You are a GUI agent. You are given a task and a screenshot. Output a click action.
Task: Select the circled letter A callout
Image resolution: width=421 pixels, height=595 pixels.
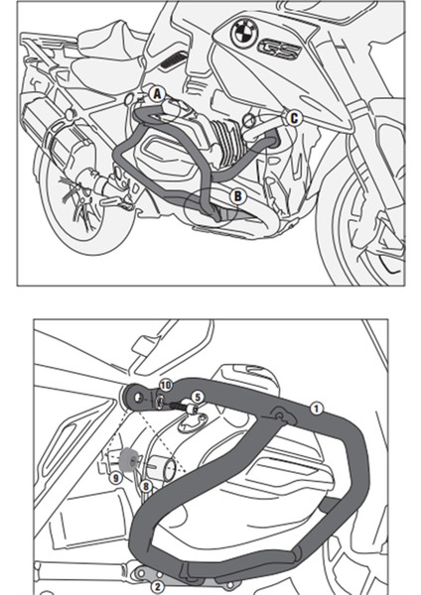tap(157, 93)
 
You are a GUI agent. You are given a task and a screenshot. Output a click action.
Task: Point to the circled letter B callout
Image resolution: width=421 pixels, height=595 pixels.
tap(237, 195)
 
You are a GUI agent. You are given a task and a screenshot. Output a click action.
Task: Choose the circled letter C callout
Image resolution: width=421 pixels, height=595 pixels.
tap(294, 118)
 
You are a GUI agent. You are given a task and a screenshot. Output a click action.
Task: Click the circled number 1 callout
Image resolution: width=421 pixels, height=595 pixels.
tap(316, 407)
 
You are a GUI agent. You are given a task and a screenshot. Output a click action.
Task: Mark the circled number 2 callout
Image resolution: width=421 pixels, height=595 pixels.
tap(156, 586)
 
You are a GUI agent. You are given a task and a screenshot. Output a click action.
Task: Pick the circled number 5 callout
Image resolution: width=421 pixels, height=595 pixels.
tap(197, 397)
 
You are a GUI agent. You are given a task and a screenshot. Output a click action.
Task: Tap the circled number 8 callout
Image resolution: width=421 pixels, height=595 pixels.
tap(146, 486)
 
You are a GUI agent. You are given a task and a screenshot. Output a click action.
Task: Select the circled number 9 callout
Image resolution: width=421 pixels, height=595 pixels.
tap(116, 477)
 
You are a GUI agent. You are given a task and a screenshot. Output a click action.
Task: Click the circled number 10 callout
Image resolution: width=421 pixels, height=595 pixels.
tap(166, 384)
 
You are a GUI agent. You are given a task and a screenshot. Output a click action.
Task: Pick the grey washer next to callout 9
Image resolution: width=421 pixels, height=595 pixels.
tap(127, 459)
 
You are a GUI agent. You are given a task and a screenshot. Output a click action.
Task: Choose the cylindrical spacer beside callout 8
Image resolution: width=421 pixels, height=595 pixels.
tap(169, 465)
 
